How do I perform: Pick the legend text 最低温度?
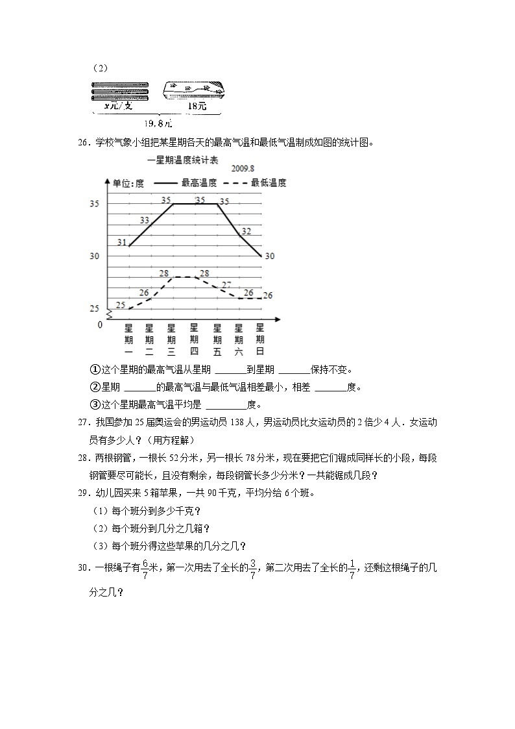pyautogui.click(x=269, y=183)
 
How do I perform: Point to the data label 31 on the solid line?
pyautogui.click(x=122, y=242)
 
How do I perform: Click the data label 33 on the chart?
pyautogui.click(x=145, y=221)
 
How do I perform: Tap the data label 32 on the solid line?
pyautogui.click(x=246, y=230)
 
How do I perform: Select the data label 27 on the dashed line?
pyautogui.click(x=226, y=285)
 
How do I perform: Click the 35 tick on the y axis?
pyautogui.click(x=95, y=204)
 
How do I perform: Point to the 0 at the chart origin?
pyautogui.click(x=100, y=325)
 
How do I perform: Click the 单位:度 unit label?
pyautogui.click(x=128, y=183)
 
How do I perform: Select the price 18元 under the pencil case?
pyautogui.click(x=197, y=106)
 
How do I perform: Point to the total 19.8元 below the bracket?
pyautogui.click(x=159, y=122)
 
